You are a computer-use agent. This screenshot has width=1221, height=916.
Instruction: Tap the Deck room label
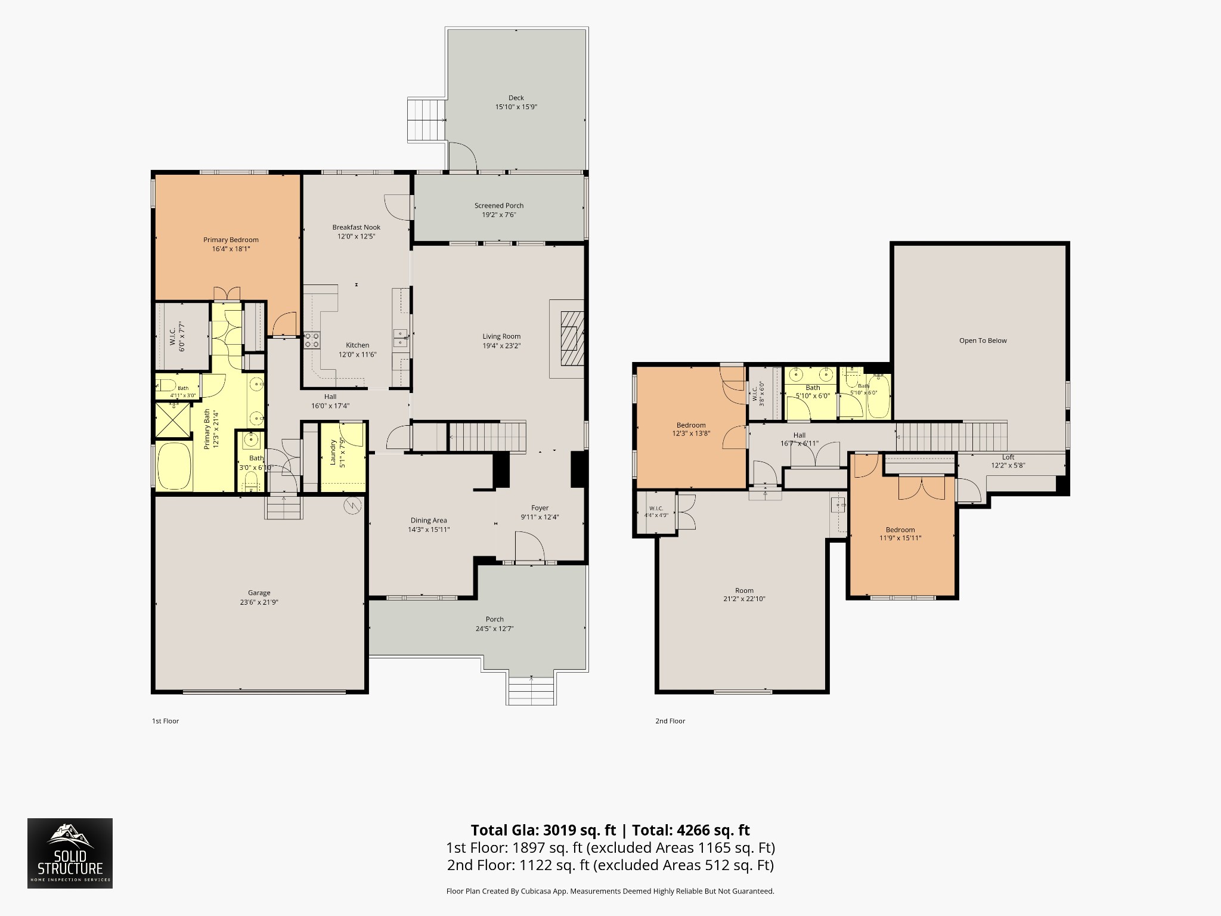click(516, 98)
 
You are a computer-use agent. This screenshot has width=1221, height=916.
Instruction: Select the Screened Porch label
click(499, 206)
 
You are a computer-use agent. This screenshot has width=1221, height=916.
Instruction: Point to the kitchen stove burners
click(312, 340)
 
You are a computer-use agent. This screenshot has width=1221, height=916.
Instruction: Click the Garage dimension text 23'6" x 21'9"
click(259, 602)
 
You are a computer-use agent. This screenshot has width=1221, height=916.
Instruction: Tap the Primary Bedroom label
click(231, 240)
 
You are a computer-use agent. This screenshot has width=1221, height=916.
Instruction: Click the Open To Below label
click(983, 341)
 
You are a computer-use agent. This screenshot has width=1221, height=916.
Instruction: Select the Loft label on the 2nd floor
click(1008, 457)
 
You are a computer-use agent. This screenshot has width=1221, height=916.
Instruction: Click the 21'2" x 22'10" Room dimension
click(744, 599)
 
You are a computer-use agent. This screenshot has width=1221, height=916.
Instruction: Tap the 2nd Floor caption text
click(670, 721)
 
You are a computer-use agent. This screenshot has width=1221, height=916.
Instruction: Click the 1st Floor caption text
click(165, 721)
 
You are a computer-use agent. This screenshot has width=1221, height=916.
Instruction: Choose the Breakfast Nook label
click(356, 227)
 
